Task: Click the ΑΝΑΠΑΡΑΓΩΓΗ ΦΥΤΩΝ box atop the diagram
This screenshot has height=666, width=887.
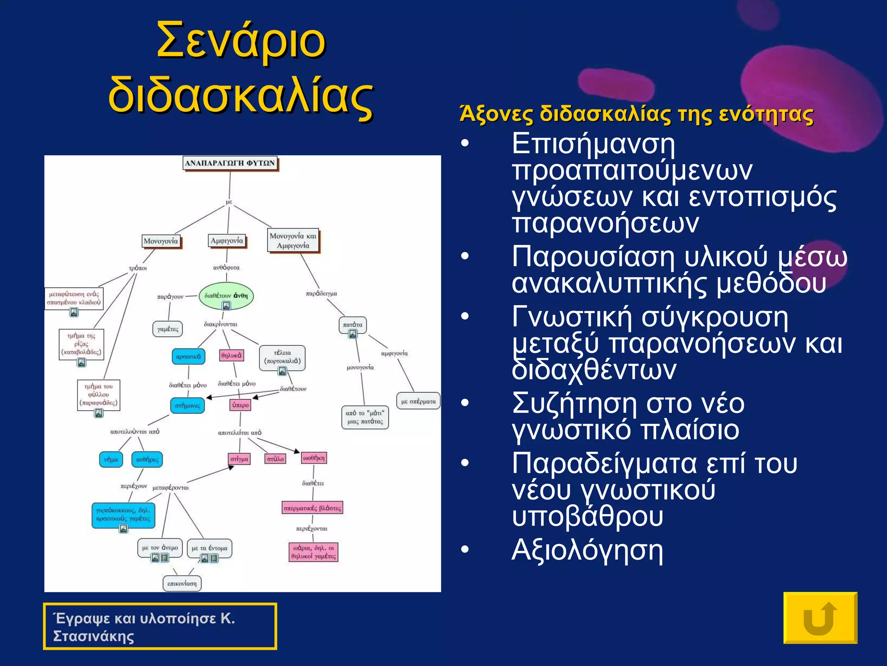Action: click(230, 163)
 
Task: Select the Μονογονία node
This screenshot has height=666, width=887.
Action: click(161, 241)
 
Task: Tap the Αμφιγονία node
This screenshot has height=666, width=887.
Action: click(227, 241)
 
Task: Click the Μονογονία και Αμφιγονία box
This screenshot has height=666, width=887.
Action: click(293, 241)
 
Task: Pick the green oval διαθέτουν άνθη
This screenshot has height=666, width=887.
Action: click(226, 296)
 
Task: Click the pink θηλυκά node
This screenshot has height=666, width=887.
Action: click(231, 356)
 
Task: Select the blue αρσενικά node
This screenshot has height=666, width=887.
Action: click(188, 356)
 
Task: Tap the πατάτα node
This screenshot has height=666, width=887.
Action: click(352, 325)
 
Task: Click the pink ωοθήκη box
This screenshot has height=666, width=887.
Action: click(314, 458)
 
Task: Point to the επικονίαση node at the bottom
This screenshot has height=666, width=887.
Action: click(182, 584)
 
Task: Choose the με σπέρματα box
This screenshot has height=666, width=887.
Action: click(418, 401)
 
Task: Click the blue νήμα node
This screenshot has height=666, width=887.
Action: click(111, 459)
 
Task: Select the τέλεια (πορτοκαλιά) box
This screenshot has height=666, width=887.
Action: click(282, 357)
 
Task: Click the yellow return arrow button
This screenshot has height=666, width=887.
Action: click(820, 618)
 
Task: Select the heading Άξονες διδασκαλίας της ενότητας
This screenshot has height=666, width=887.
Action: click(636, 114)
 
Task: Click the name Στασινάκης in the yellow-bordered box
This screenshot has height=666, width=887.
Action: click(94, 636)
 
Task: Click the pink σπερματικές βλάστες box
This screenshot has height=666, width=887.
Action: click(312, 508)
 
